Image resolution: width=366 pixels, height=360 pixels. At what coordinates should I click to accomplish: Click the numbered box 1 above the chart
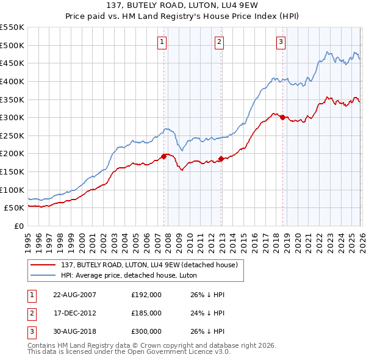pyautogui.click(x=162, y=42)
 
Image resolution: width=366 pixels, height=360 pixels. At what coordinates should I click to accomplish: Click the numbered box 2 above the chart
pyautogui.click(x=219, y=42)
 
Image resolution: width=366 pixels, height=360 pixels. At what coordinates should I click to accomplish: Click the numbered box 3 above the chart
pyautogui.click(x=281, y=42)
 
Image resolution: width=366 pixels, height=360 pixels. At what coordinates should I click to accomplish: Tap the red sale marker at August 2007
pyautogui.click(x=163, y=156)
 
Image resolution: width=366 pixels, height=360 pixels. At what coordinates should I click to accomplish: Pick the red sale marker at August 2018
pyautogui.click(x=282, y=117)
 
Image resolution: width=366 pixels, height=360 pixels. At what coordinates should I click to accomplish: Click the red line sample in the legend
pyautogui.click(x=44, y=264)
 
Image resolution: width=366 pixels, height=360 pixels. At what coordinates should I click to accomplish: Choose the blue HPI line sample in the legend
pyautogui.click(x=44, y=275)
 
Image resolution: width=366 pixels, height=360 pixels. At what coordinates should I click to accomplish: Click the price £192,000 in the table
pyautogui.click(x=146, y=295)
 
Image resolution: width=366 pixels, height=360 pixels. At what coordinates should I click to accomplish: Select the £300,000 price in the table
pyautogui.click(x=146, y=331)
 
